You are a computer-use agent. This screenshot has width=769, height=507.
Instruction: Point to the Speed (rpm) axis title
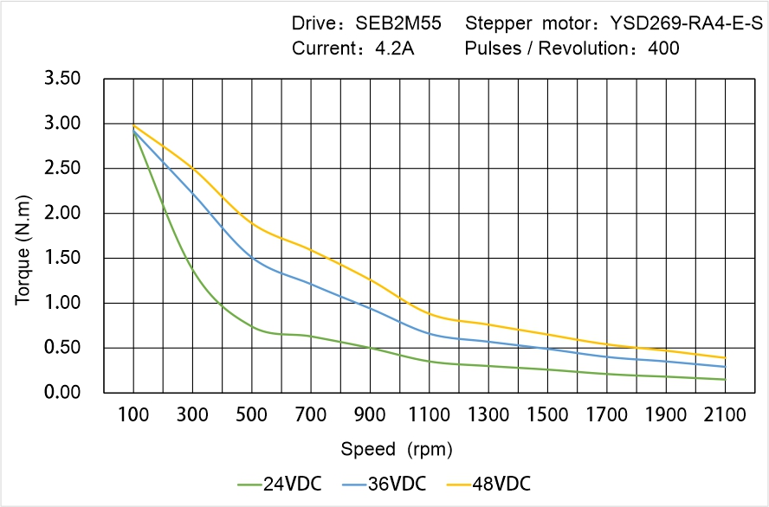click(x=397, y=449)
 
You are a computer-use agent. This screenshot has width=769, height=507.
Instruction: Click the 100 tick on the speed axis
click(x=133, y=414)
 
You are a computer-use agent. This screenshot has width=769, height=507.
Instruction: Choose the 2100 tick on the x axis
click(x=725, y=414)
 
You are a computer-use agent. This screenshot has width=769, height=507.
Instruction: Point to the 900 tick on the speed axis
click(x=370, y=414)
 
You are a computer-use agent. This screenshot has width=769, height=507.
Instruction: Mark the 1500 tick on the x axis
click(x=547, y=414)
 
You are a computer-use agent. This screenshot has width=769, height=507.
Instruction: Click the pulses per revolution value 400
click(x=663, y=48)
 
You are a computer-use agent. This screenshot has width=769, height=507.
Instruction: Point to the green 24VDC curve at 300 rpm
click(x=192, y=270)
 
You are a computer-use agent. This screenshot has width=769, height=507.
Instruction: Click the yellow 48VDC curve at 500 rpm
click(x=252, y=223)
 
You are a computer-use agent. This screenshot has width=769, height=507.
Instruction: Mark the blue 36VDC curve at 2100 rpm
click(x=725, y=367)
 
